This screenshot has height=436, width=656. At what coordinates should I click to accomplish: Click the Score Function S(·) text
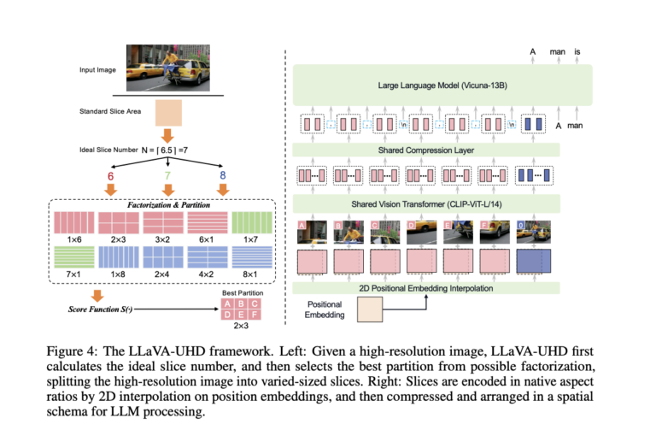93,309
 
